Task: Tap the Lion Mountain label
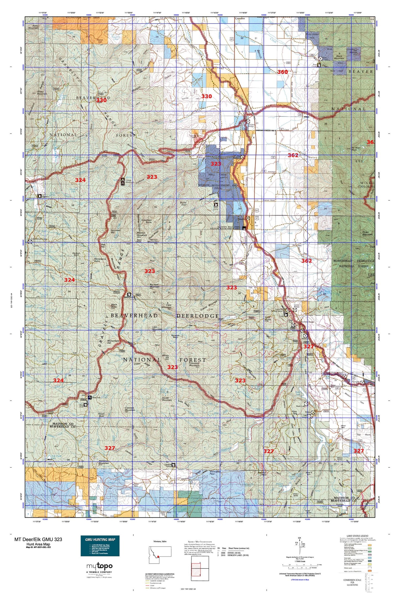157,328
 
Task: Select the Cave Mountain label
166,306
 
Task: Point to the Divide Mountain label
167,399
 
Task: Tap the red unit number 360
282,72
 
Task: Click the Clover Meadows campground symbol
123,182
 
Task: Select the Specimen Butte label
146,221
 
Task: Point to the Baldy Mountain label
33,27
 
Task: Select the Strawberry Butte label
100,260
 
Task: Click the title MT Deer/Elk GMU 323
38,539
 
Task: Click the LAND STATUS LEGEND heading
357,536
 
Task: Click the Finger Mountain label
367,233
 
